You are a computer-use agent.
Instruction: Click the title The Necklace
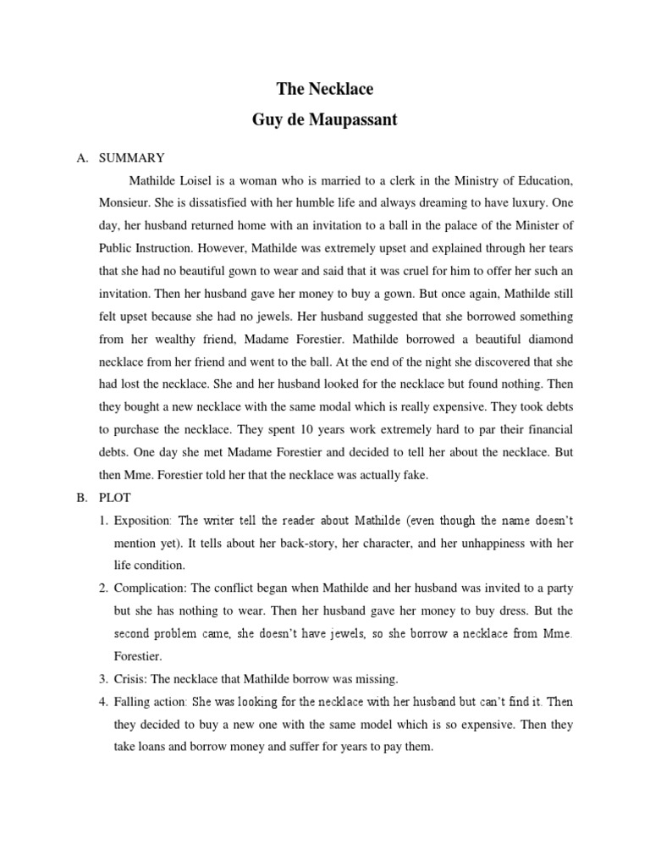[325, 88]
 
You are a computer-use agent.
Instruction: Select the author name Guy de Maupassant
[325, 119]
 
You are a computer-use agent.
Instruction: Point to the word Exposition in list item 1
[144, 520]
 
